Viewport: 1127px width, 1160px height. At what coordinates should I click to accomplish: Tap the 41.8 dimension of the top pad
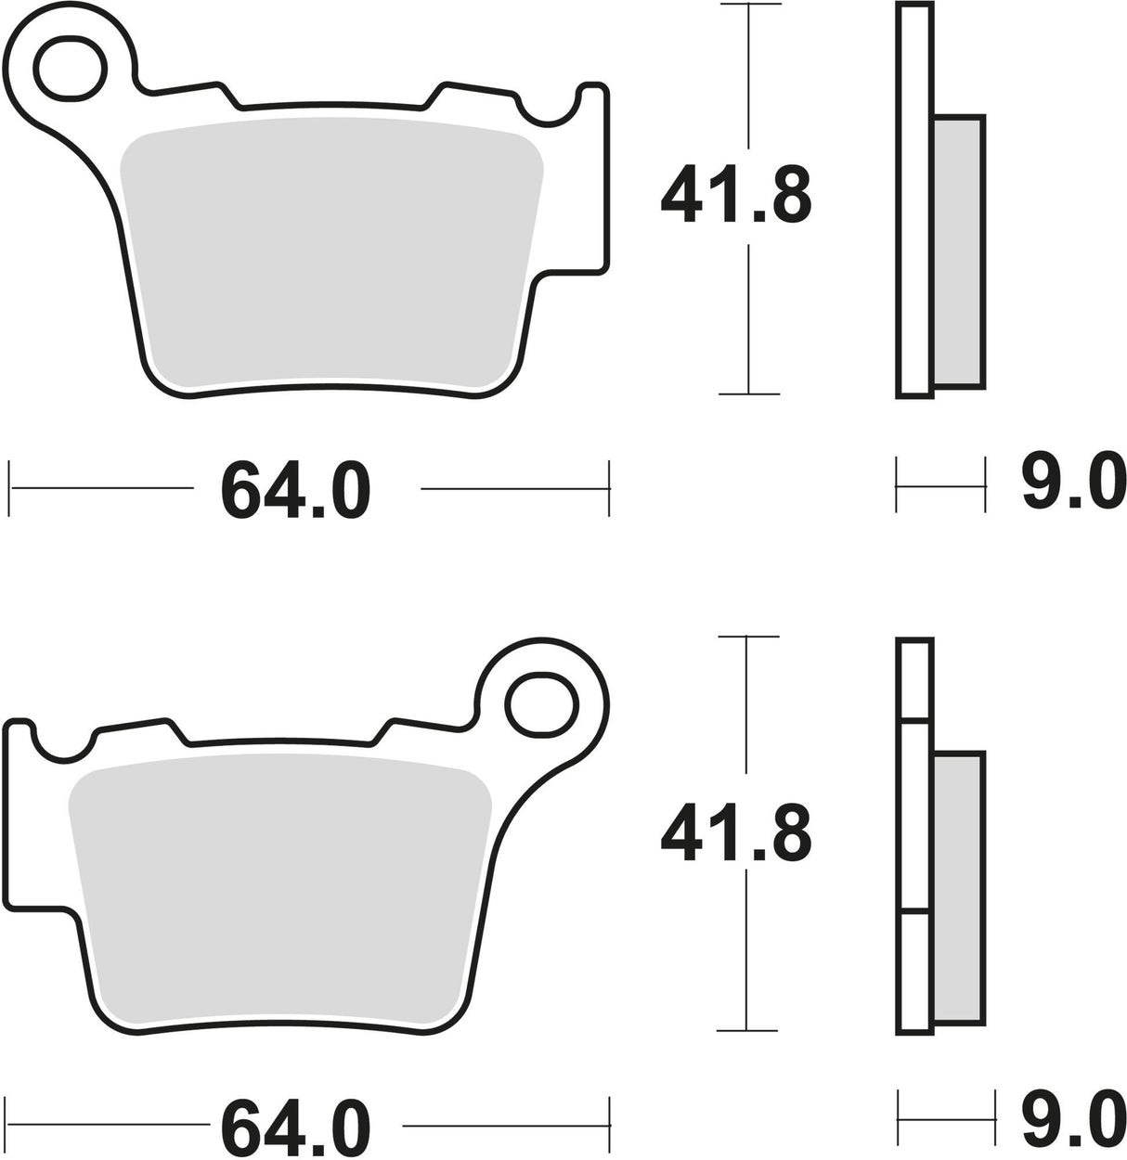coord(735,196)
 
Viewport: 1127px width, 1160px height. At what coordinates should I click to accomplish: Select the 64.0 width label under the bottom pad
coord(295,1128)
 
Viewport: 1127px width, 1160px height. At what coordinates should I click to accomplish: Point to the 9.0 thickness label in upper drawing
coord(1068,483)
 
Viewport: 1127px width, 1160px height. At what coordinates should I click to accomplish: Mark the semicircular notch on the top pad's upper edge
coord(547,107)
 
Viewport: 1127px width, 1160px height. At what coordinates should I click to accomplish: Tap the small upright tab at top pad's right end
coord(593,93)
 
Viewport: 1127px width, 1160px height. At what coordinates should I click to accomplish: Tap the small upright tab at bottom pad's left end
coord(19,728)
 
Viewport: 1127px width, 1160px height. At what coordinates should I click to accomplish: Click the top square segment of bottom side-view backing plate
coord(915,677)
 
